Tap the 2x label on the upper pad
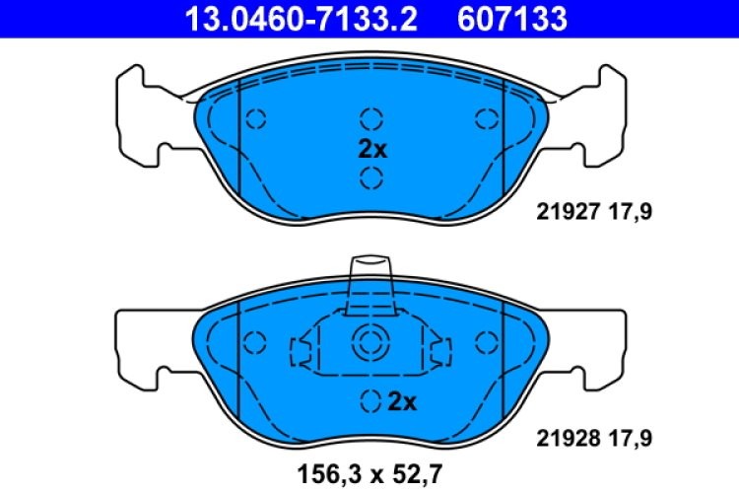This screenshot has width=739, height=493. pos(371,150)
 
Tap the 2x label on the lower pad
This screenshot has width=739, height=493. pos(403,401)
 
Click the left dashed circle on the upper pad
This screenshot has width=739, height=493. pos(255,119)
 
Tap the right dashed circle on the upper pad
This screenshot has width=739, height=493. pos(486,119)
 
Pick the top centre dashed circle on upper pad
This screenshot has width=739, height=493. pos(370,119)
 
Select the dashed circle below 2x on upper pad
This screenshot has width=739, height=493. pos(370,177)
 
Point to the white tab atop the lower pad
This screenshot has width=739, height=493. pos(371,272)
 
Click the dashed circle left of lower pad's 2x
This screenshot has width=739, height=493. pos(370,401)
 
